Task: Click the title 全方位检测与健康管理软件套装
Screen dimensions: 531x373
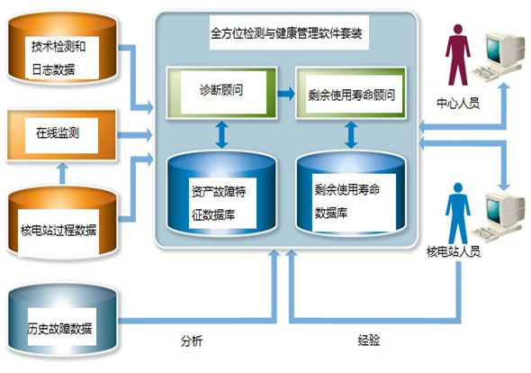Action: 286,33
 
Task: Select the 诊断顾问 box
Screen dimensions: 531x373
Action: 221,92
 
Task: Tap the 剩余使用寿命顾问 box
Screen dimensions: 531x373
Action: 351,92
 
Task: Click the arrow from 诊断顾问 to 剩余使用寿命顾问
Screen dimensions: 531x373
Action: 286,94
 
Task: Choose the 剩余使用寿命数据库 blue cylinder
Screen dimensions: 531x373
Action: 351,193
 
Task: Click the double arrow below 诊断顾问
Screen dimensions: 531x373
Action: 221,135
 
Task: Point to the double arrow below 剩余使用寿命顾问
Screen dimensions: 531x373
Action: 351,135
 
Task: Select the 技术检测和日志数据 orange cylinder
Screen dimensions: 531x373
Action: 63,48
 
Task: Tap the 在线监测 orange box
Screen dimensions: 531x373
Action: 62,135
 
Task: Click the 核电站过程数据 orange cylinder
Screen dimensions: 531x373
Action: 63,223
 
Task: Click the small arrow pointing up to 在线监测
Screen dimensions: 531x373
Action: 62,173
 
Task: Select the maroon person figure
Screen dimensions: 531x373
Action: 458,55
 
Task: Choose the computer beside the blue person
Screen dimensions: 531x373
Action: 499,217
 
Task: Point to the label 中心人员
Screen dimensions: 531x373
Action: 458,103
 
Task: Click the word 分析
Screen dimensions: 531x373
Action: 192,341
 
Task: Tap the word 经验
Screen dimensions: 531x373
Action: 368,340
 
